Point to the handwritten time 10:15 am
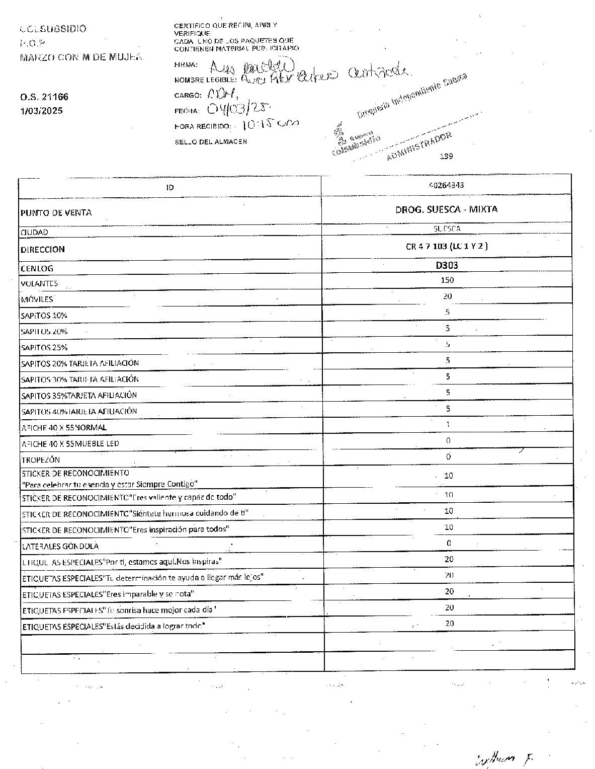[x=270, y=125]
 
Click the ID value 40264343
[x=447, y=185]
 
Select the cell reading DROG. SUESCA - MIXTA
[x=447, y=209]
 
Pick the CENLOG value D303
[x=447, y=265]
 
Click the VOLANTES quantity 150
[x=447, y=280]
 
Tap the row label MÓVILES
[x=37, y=299]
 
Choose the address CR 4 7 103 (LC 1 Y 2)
[x=447, y=247]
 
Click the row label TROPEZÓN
[x=41, y=460]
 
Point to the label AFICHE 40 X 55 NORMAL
[x=64, y=428]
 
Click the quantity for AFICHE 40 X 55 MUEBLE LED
[x=448, y=441]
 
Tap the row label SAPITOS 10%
[x=44, y=316]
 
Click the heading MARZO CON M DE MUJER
[x=80, y=57]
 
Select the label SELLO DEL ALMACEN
[x=211, y=142]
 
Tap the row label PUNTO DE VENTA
[x=56, y=213]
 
